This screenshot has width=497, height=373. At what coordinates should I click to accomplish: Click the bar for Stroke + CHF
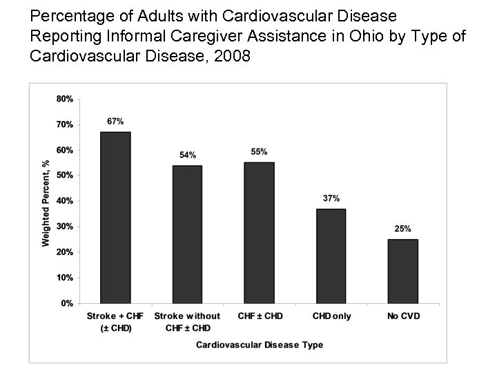[x=115, y=218]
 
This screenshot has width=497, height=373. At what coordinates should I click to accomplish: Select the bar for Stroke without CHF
[x=187, y=234]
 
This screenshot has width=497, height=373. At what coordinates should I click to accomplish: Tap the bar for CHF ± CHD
[x=259, y=233]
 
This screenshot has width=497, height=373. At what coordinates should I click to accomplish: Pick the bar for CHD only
[x=331, y=256]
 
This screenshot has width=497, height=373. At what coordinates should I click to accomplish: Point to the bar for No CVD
[x=402, y=271]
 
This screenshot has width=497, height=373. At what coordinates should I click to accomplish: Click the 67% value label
[x=115, y=121]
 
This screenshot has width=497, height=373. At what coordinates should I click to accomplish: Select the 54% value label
[x=187, y=155]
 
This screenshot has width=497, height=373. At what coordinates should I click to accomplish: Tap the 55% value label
[x=259, y=151]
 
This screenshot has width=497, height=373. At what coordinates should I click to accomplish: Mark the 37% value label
[x=331, y=198]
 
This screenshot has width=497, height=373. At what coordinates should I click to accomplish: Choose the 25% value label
[x=402, y=229]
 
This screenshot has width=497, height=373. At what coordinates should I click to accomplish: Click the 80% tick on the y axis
[x=65, y=99]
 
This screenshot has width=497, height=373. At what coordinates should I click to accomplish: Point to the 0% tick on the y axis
[x=68, y=303]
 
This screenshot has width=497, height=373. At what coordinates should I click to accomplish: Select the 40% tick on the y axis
[x=65, y=201]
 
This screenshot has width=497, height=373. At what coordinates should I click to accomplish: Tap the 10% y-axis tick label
[x=65, y=278]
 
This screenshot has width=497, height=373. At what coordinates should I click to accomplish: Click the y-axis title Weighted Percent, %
[x=46, y=201]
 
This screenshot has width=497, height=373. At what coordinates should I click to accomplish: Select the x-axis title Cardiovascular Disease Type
[x=259, y=344]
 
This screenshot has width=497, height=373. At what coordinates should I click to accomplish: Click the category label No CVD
[x=402, y=316]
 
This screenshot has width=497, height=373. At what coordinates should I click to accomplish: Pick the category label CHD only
[x=331, y=316]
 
